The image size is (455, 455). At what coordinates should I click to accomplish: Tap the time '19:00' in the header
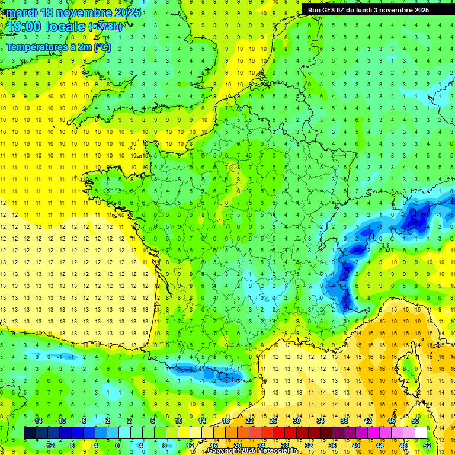[27, 27]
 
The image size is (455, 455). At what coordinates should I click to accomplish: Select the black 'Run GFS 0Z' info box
[376, 9]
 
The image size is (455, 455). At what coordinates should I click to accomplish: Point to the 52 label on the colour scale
[427, 446]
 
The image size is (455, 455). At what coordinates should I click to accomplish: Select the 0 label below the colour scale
[117, 446]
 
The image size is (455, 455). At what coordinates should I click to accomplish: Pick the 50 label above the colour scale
[415, 421]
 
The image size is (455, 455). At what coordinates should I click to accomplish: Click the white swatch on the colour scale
[421, 433]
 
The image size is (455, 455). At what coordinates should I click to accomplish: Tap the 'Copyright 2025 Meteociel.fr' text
[252, 451]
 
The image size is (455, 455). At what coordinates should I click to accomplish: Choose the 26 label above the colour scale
[273, 421]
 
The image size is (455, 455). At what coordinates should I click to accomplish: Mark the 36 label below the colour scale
[332, 446]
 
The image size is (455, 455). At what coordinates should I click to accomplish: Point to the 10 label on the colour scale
[178, 421]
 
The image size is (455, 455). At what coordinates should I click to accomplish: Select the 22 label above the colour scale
[249, 421]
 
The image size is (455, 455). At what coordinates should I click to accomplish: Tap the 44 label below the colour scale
[379, 446]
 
